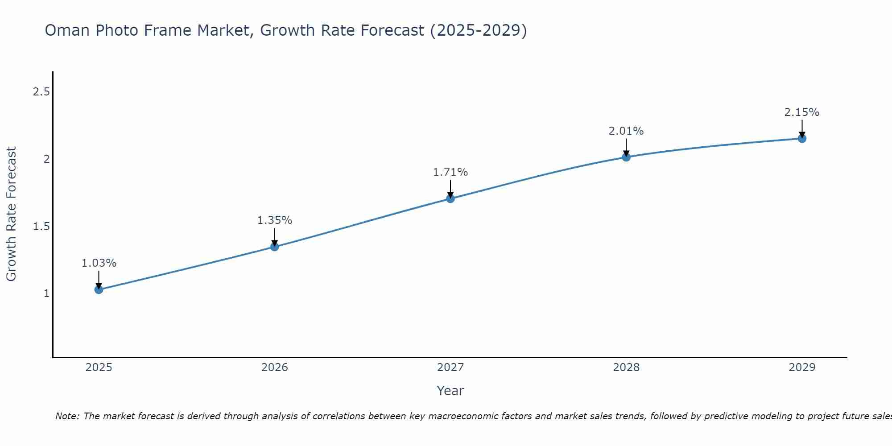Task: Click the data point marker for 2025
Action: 99,289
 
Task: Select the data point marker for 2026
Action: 275,247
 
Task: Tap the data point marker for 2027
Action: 450,198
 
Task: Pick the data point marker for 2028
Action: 626,157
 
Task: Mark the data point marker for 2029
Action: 802,138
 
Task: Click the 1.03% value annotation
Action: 99,263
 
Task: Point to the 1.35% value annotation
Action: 275,220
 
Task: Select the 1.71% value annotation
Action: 450,172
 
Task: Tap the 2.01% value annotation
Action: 626,131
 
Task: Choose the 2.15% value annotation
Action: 802,112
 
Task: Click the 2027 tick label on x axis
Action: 450,368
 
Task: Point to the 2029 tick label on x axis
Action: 802,368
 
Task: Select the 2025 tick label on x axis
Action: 99,368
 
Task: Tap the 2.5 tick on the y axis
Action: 41,92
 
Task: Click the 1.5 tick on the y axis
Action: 41,227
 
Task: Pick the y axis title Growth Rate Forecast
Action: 11,214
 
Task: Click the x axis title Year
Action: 450,391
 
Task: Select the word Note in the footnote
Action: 67,416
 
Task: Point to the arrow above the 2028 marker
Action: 626,147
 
